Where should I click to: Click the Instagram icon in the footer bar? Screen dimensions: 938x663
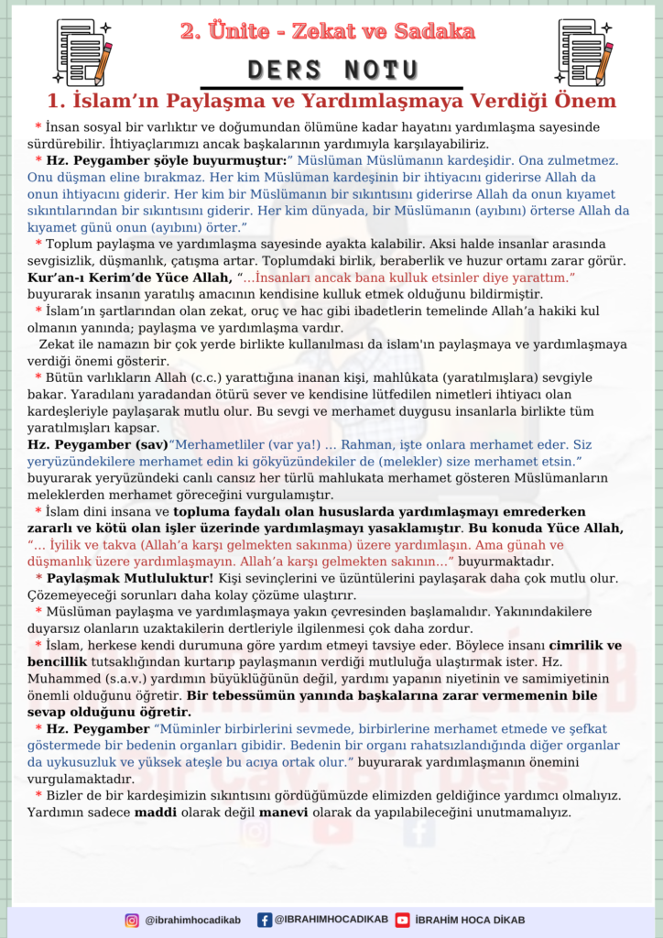click(x=132, y=920)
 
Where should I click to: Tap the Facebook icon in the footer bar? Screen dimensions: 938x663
click(x=265, y=920)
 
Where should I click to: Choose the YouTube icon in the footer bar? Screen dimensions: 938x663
click(x=402, y=920)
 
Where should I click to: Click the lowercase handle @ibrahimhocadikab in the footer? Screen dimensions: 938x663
click(x=193, y=920)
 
